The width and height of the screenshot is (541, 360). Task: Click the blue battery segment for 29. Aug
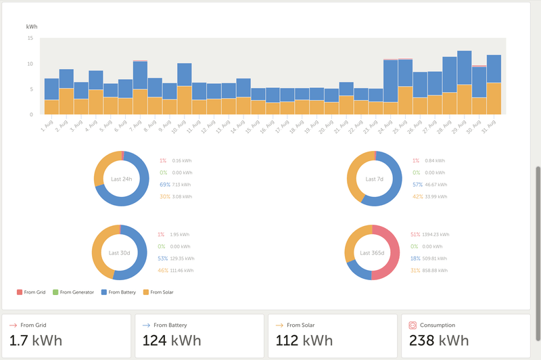464,68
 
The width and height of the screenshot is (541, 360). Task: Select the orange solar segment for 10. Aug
185,100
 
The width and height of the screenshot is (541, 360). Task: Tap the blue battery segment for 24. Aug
390,81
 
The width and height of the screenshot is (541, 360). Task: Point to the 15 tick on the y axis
30,39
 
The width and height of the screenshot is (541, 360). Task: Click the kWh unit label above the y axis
32,26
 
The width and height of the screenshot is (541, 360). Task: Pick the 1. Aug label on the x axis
47,125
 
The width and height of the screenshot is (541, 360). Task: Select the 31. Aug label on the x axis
492,125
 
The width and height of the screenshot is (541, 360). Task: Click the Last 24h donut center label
122,179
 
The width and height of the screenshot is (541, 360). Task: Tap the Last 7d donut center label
374,179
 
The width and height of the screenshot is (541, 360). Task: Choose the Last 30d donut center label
119,252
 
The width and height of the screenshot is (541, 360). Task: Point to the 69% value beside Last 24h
164,184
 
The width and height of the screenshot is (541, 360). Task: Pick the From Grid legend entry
30,292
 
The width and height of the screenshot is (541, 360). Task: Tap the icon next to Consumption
413,325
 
